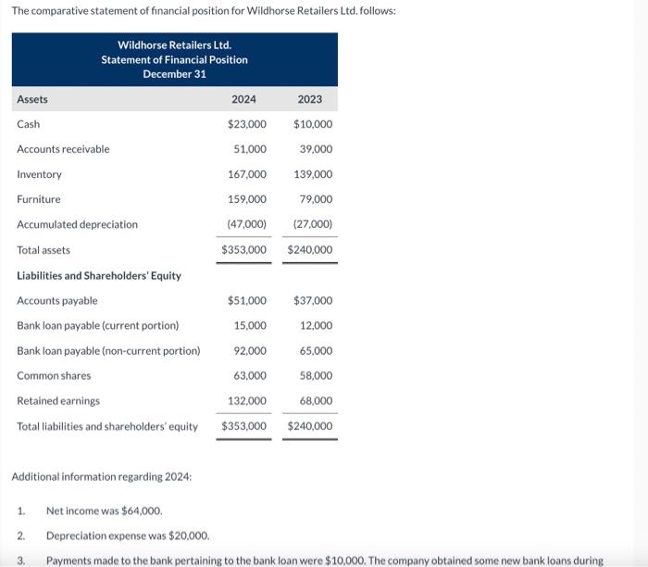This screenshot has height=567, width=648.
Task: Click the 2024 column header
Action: pos(243,99)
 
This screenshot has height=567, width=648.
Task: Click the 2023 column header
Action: pos(310,99)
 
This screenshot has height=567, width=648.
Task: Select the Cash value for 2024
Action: pos(246,124)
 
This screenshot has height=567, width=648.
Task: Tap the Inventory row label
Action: pos(39,174)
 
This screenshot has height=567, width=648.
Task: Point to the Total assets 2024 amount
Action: pos(243,250)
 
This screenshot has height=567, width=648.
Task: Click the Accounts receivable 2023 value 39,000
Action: pos(316,149)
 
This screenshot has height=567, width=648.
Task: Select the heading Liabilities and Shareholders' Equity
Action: pos(99,275)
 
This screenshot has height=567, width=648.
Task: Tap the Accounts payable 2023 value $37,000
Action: pos(313,300)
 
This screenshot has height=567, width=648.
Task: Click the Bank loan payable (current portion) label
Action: pos(97,325)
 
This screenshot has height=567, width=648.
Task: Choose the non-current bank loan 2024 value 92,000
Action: pos(250,351)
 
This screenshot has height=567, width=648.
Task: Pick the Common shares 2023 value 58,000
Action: pos(316,376)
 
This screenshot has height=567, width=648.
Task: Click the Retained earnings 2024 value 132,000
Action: pos(247,401)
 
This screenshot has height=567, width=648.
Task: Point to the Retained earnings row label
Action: pos(58,401)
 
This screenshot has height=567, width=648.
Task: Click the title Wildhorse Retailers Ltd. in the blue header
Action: pos(174,45)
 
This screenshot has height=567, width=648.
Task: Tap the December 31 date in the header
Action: pos(174,74)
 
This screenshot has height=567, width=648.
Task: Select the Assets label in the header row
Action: pos(32,99)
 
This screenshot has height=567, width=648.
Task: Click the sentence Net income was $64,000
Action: pos(104,510)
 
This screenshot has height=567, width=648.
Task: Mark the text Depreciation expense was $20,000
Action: pos(127,535)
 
